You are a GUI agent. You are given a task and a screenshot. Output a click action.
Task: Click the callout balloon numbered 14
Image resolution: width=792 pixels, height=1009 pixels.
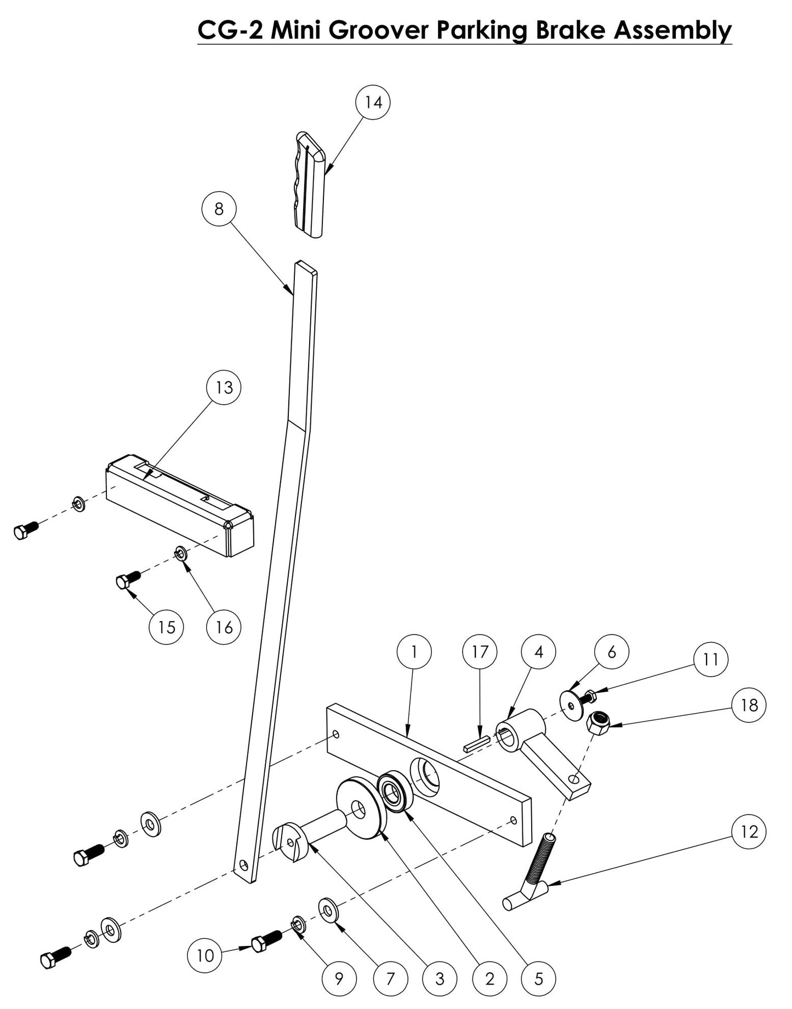373,102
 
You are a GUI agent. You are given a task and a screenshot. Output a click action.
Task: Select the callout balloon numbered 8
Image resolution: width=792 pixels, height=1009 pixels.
219,209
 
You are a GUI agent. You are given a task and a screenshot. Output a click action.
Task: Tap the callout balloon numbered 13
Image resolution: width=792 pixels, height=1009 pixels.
224,388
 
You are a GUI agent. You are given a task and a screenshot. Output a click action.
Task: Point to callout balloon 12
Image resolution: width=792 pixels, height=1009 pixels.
749,832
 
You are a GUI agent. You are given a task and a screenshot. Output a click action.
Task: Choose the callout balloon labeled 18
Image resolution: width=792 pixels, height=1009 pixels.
749,704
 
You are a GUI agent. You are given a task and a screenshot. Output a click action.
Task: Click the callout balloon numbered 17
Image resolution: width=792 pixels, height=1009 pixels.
480,652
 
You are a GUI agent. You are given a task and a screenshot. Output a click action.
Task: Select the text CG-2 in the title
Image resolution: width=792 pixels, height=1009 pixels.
230,30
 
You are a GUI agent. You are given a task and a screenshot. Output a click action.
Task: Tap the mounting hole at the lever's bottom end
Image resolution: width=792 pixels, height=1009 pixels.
243,866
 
